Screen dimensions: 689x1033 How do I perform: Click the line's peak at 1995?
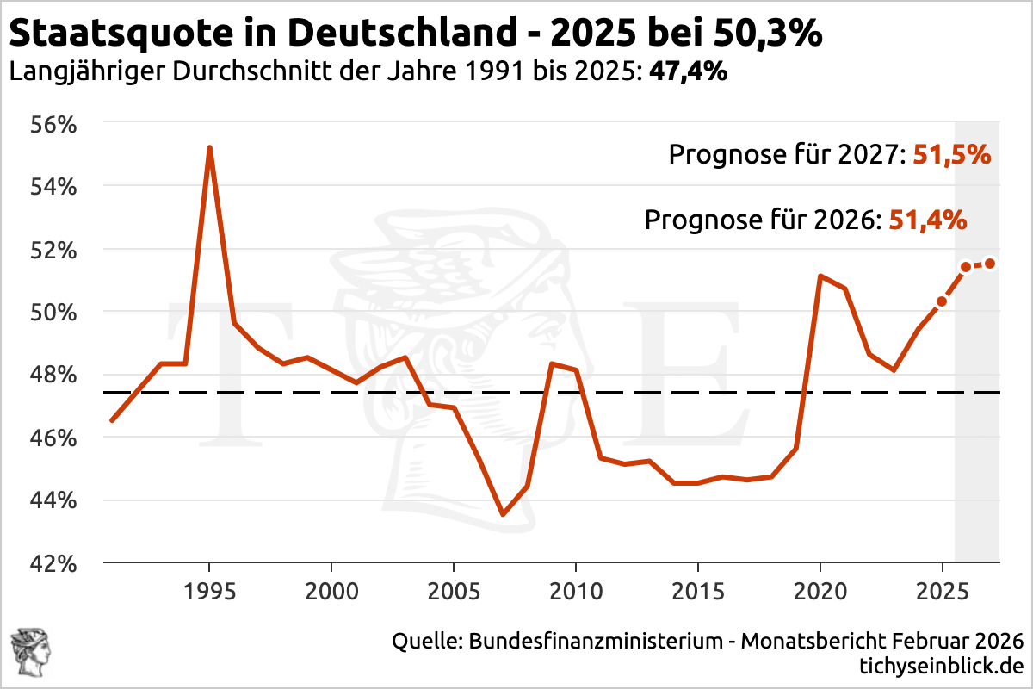pos(209,148)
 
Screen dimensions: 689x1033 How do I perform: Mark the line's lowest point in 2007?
pos(503,515)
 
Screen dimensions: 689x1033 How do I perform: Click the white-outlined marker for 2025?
pos(942,301)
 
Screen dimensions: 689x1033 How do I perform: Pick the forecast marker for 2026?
pos(966,267)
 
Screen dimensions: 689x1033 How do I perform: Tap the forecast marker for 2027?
pos(990,264)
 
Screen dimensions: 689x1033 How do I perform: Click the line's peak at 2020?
pos(820,276)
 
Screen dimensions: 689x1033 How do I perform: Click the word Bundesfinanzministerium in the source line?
pos(595,642)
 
